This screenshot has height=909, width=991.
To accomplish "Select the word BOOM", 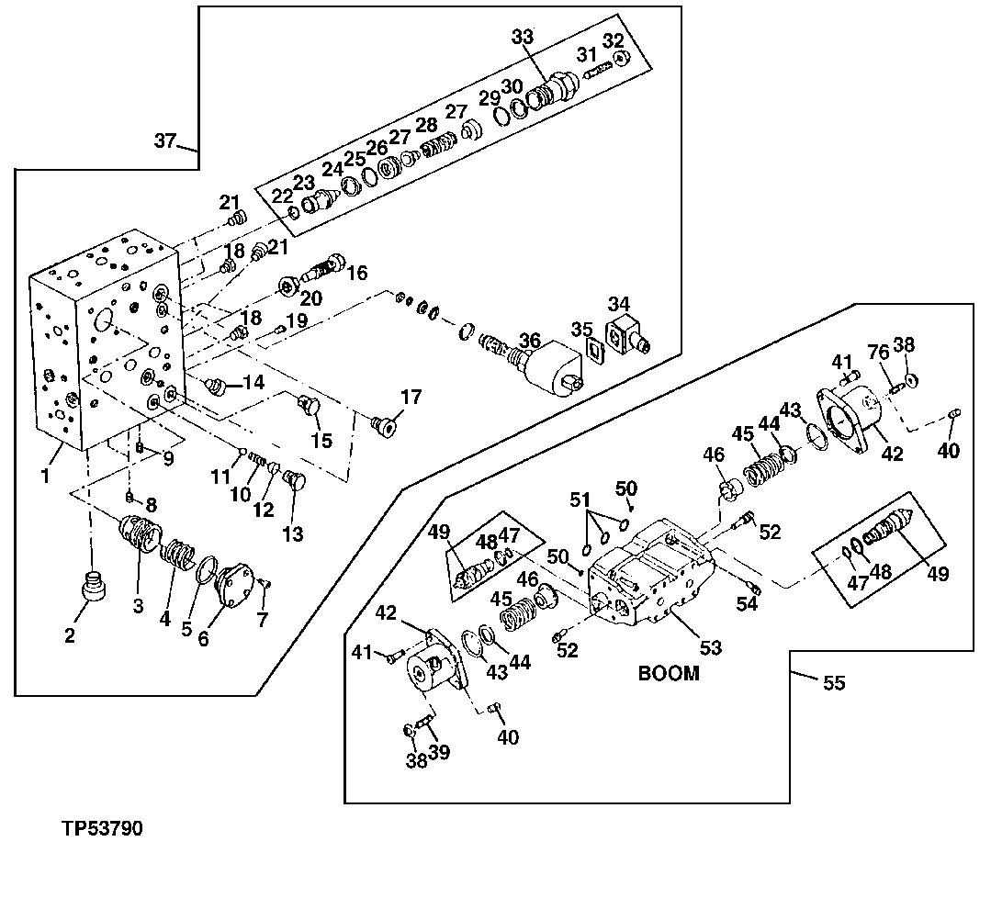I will click(x=669, y=673).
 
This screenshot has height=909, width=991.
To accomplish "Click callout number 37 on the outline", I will click(x=164, y=140).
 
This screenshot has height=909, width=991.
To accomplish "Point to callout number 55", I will click(x=833, y=683).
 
